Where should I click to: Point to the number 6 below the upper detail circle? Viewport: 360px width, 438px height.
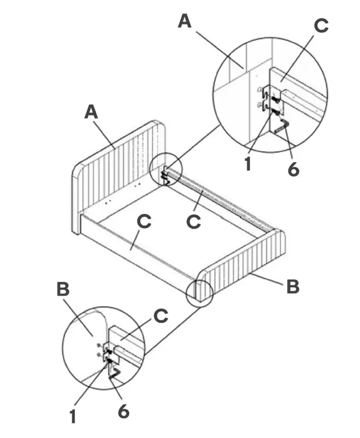tap(293, 169)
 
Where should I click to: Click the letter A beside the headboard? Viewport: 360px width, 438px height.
tap(92, 111)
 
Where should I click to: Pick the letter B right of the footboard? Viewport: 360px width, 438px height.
tap(292, 286)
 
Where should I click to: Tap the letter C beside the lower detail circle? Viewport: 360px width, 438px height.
tap(161, 316)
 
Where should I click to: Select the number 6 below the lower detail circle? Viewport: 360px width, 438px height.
tap(124, 410)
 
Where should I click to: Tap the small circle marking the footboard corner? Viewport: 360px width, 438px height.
tap(199, 293)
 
